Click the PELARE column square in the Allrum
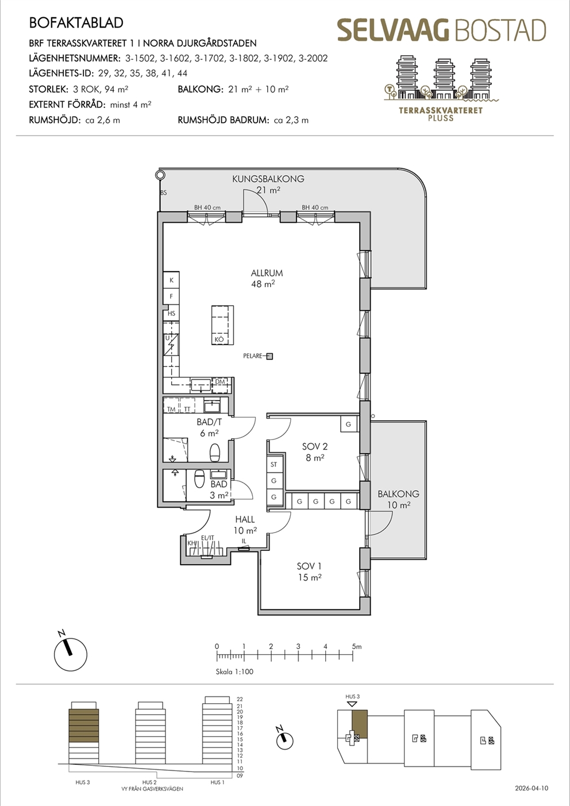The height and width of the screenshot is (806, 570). click(x=269, y=356)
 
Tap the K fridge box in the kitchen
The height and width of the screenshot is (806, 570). click(x=171, y=280)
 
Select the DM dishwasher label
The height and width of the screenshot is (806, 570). click(x=220, y=382)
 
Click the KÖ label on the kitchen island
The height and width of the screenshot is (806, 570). click(x=219, y=340)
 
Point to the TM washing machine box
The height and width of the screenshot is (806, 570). click(x=171, y=406)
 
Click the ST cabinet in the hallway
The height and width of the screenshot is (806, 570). click(x=274, y=465)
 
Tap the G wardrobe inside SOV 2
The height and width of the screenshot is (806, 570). click(x=348, y=424)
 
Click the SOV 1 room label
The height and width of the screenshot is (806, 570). click(x=309, y=566)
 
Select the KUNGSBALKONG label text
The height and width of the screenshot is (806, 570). click(x=268, y=179)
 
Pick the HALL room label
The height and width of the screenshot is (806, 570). click(x=245, y=519)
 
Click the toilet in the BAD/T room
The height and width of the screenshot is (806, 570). click(x=215, y=452)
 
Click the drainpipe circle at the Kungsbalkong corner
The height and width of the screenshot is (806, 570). click(x=159, y=175)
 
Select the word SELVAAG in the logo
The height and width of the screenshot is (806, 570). click(x=394, y=30)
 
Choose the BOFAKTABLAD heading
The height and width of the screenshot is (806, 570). click(x=76, y=23)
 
